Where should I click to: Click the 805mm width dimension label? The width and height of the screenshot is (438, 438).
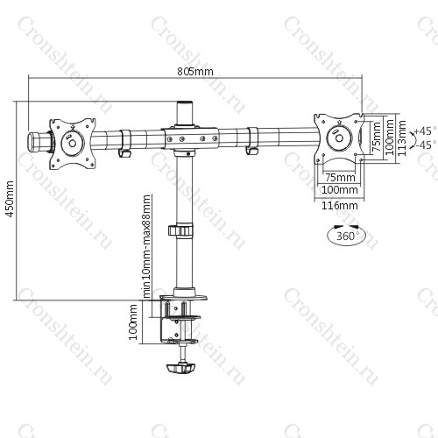[x=195, y=72]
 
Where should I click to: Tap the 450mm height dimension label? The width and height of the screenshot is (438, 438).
[x=10, y=199]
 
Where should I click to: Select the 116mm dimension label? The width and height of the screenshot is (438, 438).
[x=340, y=206]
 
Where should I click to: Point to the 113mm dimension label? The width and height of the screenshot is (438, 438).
[x=402, y=138]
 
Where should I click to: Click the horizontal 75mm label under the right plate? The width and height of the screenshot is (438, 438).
[x=340, y=177]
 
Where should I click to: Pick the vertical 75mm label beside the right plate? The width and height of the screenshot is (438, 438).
[x=377, y=137]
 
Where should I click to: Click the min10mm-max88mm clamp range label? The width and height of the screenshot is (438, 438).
[x=147, y=246]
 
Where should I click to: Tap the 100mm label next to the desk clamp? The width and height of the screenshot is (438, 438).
[x=133, y=321]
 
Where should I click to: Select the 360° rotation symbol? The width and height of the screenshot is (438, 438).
[x=346, y=235]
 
